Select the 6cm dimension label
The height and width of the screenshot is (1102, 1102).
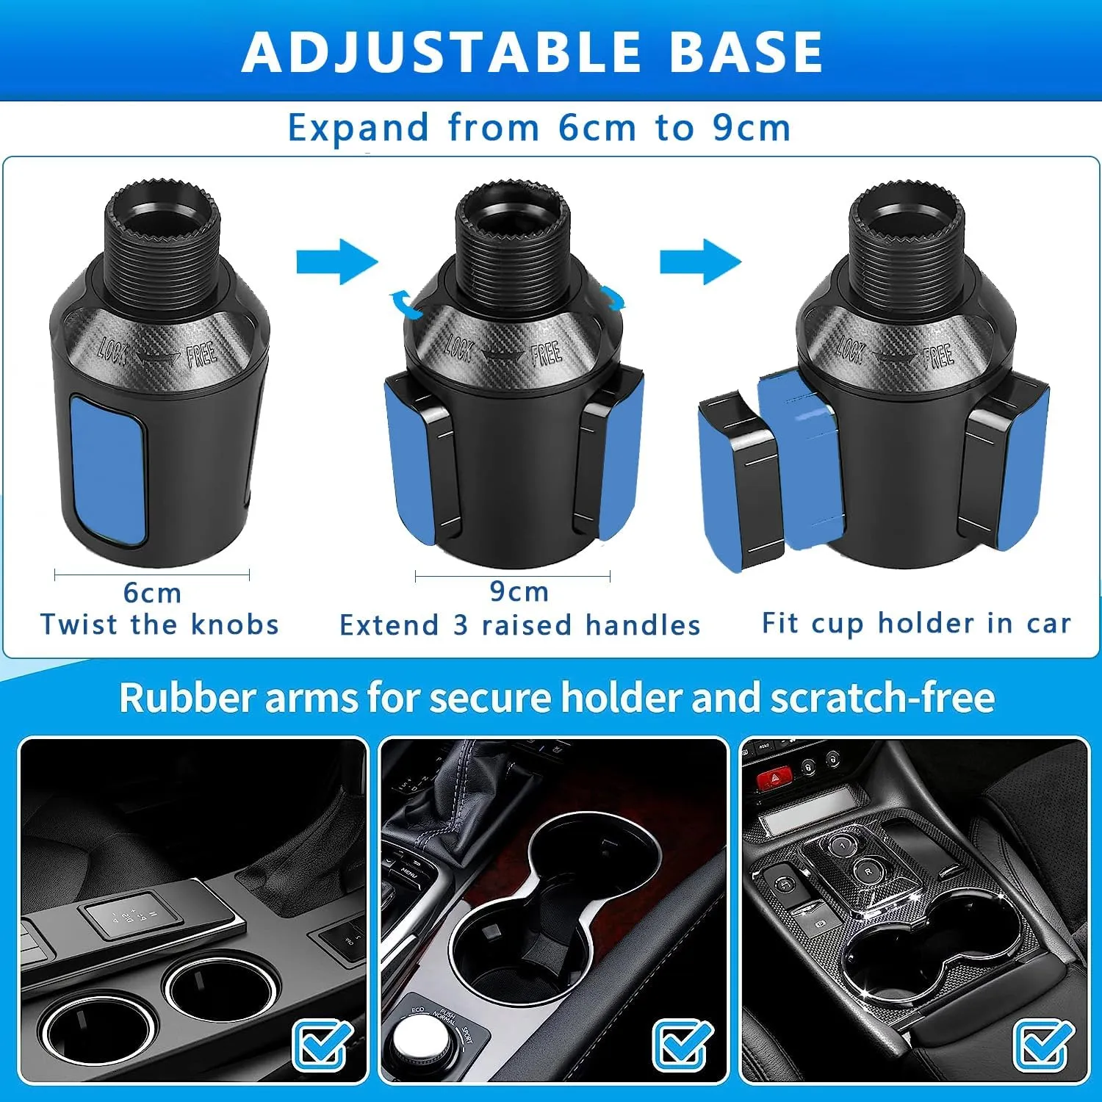click(152, 592)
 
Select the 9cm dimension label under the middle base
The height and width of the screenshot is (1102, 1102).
click(519, 591)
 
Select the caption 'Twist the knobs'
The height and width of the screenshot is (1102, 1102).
click(160, 624)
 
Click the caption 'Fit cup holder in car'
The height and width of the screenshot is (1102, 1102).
click(916, 624)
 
